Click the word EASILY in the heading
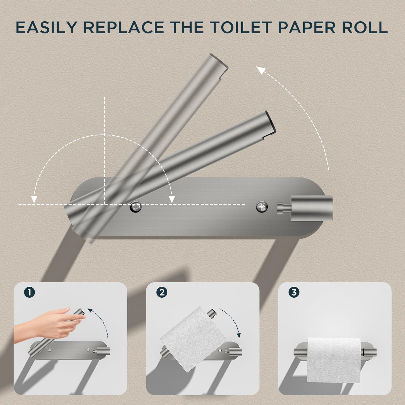click(x=46, y=27)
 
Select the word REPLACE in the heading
click(x=124, y=27)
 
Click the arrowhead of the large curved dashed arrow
click(x=261, y=70)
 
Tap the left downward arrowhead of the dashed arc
click(x=34, y=199)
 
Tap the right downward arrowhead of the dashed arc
click(x=172, y=199)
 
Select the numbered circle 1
click(x=29, y=293)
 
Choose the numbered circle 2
click(x=162, y=293)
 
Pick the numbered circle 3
click(x=294, y=292)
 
